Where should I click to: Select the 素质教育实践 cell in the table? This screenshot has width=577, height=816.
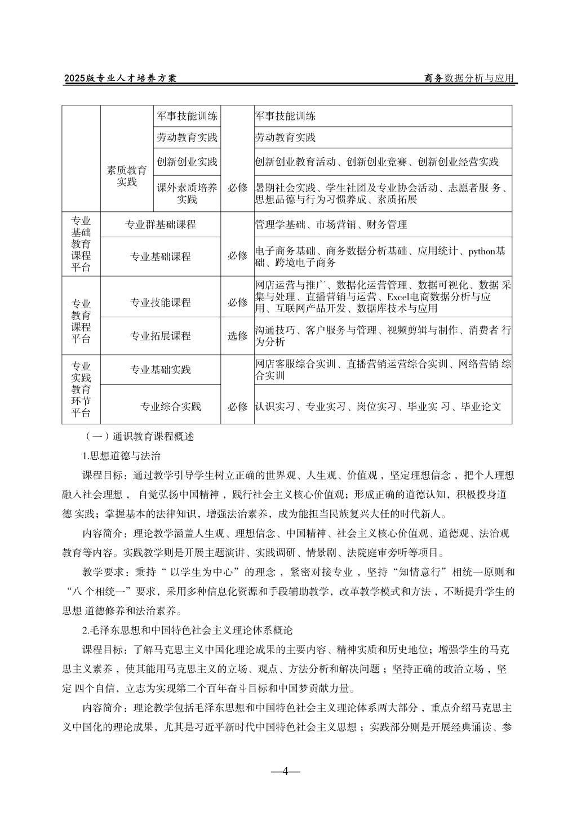(127, 176)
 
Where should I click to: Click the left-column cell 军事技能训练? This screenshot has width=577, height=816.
(187, 116)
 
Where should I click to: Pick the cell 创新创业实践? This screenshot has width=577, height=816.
(187, 162)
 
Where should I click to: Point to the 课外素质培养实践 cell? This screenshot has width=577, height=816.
(187, 193)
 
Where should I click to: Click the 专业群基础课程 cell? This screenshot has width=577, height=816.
(161, 224)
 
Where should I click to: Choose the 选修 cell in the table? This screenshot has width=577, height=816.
(237, 336)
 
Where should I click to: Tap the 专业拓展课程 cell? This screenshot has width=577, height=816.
(161, 336)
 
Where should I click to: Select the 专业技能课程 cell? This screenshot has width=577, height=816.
(161, 302)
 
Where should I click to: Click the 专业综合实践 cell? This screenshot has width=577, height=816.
(171, 406)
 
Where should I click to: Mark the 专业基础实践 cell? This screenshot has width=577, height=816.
(161, 370)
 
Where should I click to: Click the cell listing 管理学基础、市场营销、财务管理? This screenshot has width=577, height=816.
(331, 225)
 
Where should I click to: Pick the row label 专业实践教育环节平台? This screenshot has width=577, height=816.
(81, 389)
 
